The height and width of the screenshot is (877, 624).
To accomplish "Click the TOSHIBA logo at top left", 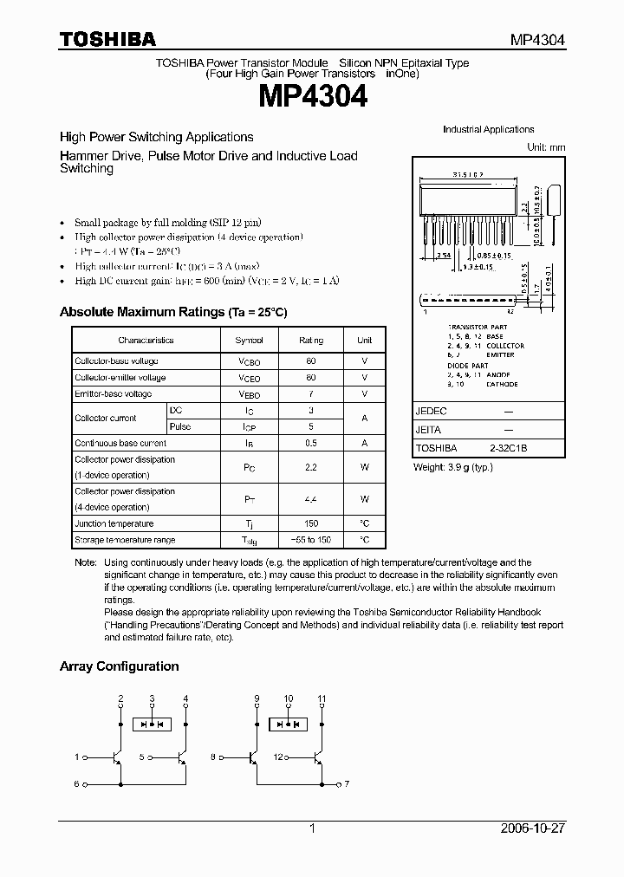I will pos(107,39).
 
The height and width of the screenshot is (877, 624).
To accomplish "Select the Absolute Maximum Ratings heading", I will pos(172,312).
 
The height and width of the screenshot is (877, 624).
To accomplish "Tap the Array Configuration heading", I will pos(119,666).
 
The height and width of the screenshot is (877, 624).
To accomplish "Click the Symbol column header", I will pos(249,341).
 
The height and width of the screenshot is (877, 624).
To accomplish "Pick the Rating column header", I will pos(311,341).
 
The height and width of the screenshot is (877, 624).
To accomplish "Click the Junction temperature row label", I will pos(114,523).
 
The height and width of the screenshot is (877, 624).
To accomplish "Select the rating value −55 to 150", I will pos(311,540).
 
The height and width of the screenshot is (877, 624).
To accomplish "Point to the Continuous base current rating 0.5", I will pos(311,443).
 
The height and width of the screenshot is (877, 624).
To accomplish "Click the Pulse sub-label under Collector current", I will pos(180,426).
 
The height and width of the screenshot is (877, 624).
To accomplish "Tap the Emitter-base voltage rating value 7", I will pos(311,393).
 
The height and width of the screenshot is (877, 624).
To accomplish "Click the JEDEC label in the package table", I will pos(429,413).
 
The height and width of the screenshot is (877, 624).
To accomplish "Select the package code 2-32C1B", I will pos(509,449).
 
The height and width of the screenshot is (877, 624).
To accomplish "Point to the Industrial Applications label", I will pos(488,129).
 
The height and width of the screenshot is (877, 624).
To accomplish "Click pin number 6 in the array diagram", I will pos(76,784).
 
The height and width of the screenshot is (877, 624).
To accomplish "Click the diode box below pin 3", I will pos(153,724).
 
